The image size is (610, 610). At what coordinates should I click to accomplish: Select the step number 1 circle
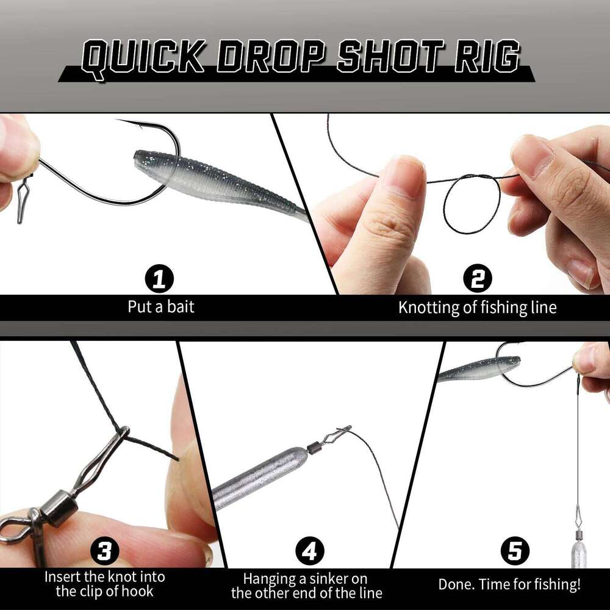tap(160, 280)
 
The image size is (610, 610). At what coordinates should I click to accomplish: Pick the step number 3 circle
tap(104, 552)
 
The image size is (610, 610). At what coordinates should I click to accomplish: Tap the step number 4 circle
tap(309, 552)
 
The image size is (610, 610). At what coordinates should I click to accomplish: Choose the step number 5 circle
tap(514, 552)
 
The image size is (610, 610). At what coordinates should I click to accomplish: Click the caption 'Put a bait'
tap(161, 306)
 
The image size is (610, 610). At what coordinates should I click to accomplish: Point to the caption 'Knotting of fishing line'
tap(477, 307)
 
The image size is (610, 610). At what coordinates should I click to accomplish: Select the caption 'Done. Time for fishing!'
tap(509, 584)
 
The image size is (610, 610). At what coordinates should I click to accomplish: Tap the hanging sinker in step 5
tap(578, 552)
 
